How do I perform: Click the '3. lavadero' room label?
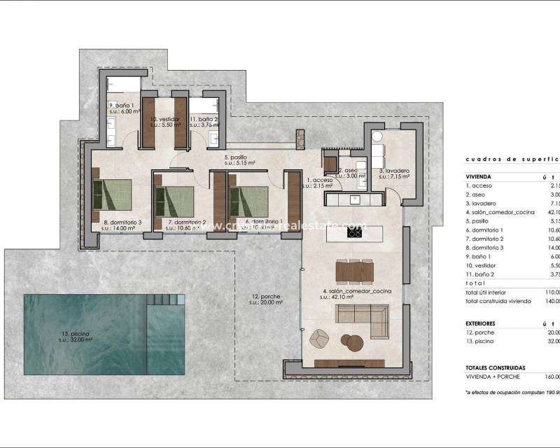394,171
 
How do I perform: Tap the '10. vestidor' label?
165,120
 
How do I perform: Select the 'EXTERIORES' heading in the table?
482,323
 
